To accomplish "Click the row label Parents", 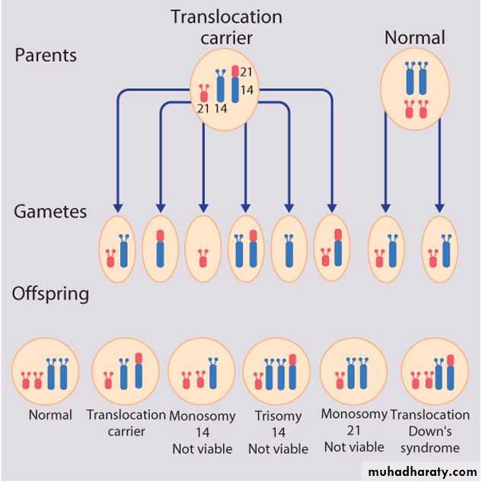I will point(45,56).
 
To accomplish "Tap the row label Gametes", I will point(50,211).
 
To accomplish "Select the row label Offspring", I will point(50,293).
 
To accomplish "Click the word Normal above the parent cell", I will point(414,37).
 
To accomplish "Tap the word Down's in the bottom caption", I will point(430,431).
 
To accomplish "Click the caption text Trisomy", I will point(278,417).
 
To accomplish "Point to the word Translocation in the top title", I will point(226,17).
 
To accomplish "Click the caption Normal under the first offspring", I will point(50,415).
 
